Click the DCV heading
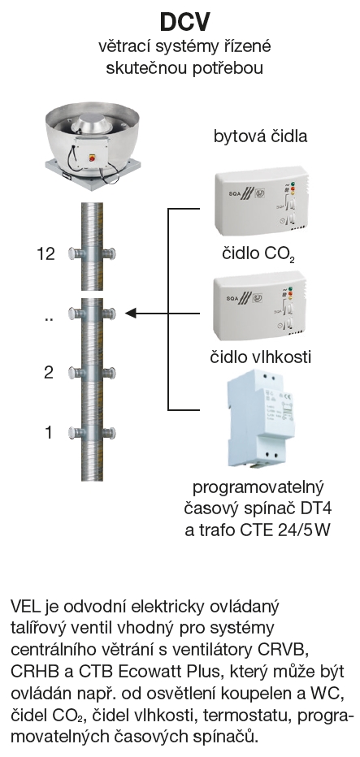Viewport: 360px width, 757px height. click(185, 22)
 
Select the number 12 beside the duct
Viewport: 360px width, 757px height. click(46, 253)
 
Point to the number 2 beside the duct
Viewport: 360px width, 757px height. click(48, 373)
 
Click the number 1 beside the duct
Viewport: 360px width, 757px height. click(48, 432)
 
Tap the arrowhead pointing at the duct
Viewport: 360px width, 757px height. click(131, 314)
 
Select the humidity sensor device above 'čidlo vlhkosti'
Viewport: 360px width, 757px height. click(258, 309)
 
